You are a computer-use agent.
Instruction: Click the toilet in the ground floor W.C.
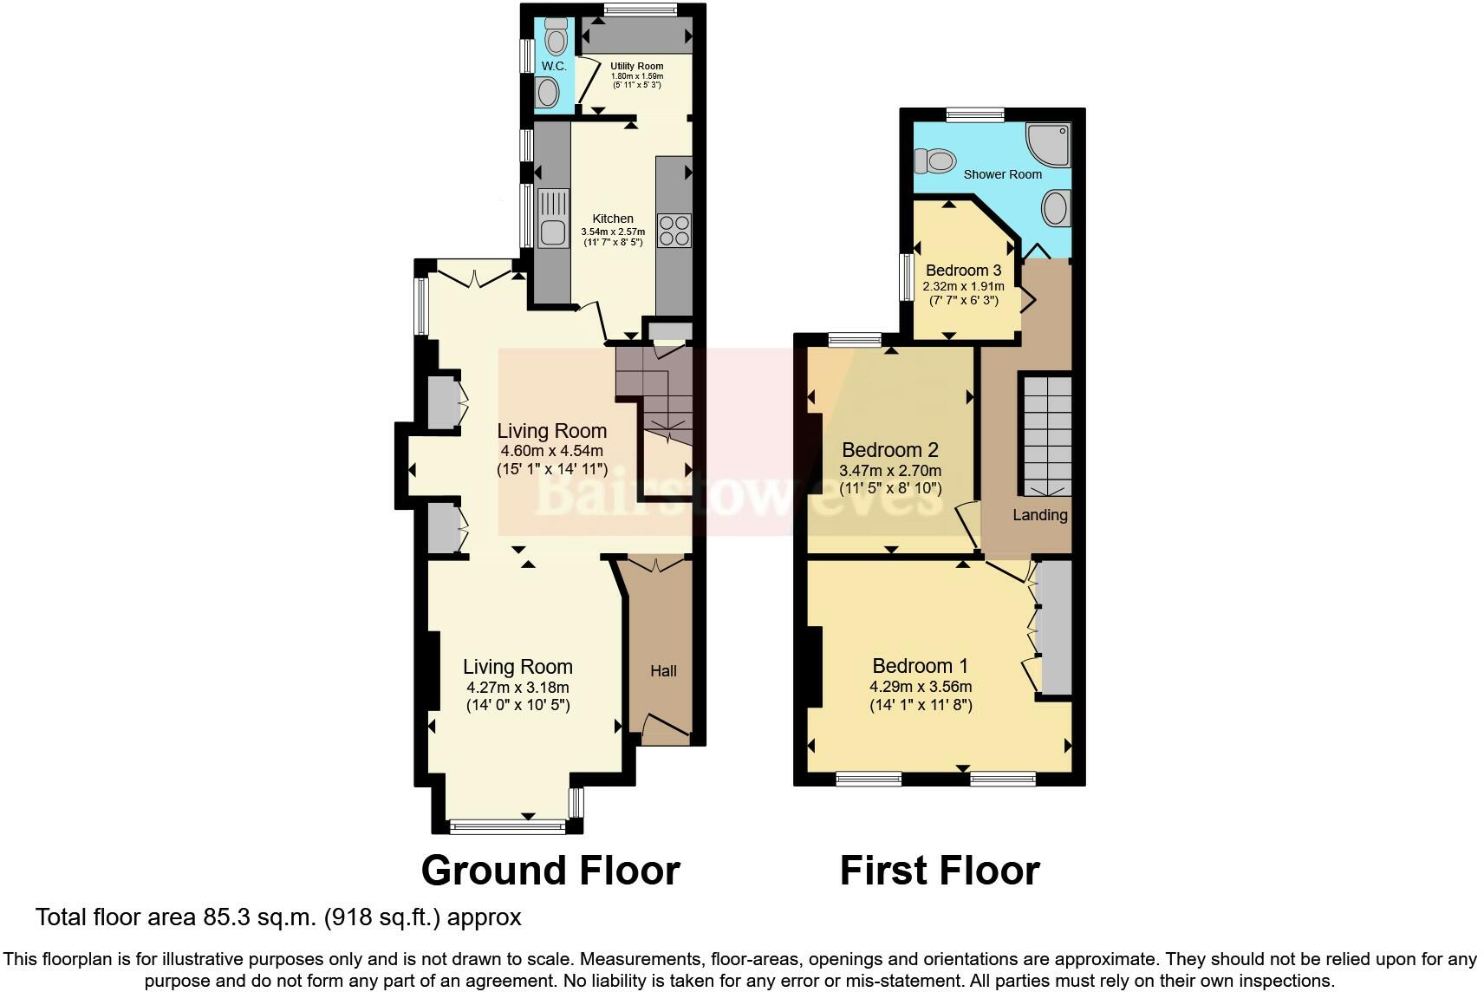pyautogui.click(x=556, y=37)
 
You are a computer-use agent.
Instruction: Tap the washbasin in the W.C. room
pyautogui.click(x=547, y=91)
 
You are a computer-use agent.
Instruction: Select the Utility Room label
pyautogui.click(x=636, y=66)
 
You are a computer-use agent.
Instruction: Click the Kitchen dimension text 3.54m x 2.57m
pyautogui.click(x=613, y=232)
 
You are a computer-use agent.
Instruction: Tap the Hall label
pyautogui.click(x=663, y=670)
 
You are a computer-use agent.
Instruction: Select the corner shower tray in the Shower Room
pyautogui.click(x=1047, y=143)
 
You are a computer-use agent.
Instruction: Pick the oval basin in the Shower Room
pyautogui.click(x=1055, y=208)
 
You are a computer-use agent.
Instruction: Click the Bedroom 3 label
pyautogui.click(x=963, y=270)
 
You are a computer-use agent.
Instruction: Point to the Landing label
pyautogui.click(x=1040, y=515)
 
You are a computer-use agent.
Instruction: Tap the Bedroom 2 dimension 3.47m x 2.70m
pyautogui.click(x=890, y=471)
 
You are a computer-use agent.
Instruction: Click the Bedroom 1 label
pyautogui.click(x=920, y=666)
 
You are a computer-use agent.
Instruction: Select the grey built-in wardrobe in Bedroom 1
pyautogui.click(x=1054, y=627)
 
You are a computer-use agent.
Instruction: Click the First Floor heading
pyautogui.click(x=940, y=870)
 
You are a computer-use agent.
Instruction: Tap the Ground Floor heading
pyautogui.click(x=550, y=870)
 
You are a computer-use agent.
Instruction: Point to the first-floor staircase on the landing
pyautogui.click(x=1045, y=434)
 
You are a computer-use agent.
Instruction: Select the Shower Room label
pyautogui.click(x=1003, y=174)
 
